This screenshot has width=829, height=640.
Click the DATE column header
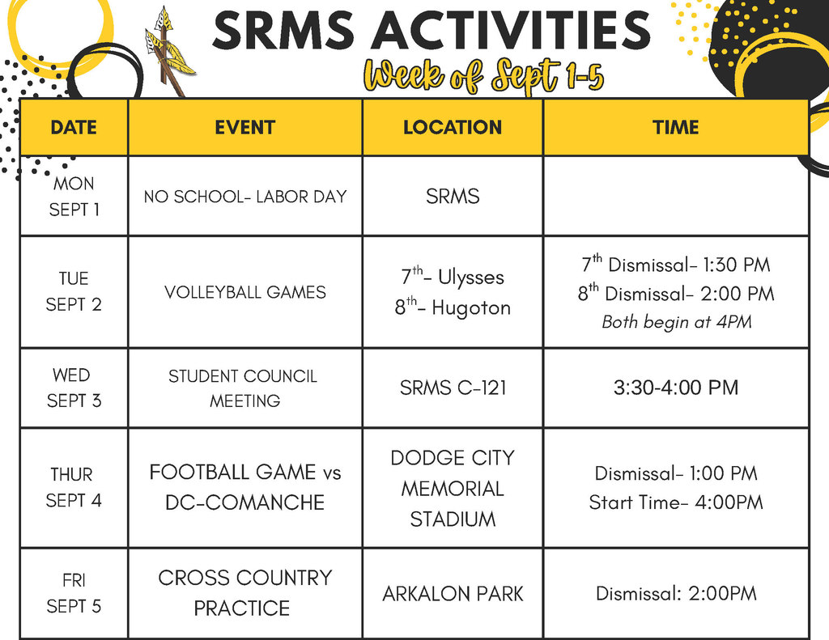tap(74, 127)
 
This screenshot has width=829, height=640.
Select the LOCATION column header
tap(453, 127)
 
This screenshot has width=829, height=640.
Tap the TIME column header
tap(676, 127)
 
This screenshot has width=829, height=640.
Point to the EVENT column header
tap(245, 127)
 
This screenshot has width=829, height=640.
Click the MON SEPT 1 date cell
tap(74, 197)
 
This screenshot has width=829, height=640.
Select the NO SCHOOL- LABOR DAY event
tap(245, 197)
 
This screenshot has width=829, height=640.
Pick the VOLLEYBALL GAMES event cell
tap(245, 292)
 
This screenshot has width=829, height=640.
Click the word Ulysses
tap(470, 278)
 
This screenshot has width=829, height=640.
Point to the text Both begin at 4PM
tap(676, 322)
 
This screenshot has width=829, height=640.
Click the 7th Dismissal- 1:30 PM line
tap(676, 265)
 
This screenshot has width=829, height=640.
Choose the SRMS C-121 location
tap(453, 388)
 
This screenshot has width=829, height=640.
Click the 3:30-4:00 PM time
tap(676, 388)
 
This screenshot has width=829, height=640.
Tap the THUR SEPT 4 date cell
tap(74, 487)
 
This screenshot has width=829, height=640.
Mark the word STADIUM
tap(453, 519)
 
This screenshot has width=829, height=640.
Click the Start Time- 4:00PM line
tap(676, 502)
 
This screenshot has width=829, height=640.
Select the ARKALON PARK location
tap(453, 594)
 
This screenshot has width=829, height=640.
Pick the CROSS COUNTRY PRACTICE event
tap(245, 593)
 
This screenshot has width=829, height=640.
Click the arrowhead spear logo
tap(168, 50)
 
